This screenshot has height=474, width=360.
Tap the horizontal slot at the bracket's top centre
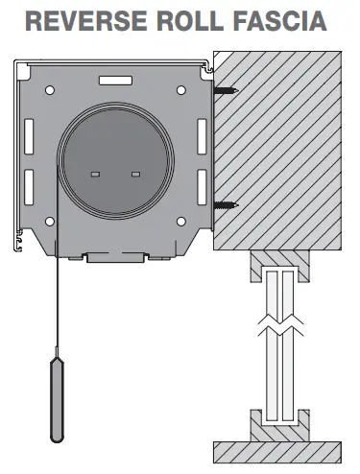tap(116, 83)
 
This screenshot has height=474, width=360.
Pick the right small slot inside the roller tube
tap(135, 173)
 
